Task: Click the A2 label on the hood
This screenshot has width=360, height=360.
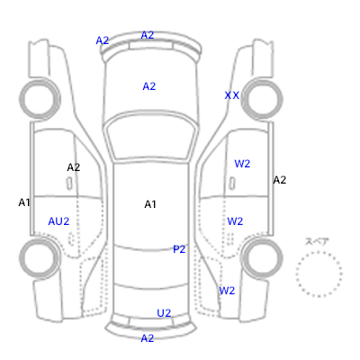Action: tap(149, 86)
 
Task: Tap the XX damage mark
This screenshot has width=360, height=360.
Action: tap(232, 95)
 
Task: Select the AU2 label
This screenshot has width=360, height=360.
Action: tap(58, 221)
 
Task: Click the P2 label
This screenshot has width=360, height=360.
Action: tap(179, 249)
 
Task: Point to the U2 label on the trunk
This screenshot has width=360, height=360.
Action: tap(164, 313)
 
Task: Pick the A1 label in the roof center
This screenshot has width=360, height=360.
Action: tap(150, 204)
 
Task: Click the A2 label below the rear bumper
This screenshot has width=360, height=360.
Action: tap(148, 338)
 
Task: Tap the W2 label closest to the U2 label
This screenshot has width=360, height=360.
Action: tap(227, 291)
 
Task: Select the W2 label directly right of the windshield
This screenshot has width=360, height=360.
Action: tap(242, 164)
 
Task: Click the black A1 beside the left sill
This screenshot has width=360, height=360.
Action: tap(24, 202)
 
